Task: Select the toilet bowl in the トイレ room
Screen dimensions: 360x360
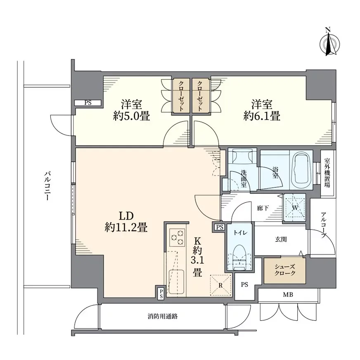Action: (239, 257)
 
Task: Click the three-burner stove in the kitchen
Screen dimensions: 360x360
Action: (177, 237)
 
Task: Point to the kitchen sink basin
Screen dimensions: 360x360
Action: (176, 282)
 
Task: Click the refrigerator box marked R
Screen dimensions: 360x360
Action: (220, 285)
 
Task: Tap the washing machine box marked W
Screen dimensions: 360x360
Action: (295, 208)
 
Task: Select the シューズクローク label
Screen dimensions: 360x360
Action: (285, 270)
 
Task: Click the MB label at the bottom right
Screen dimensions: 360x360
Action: (288, 294)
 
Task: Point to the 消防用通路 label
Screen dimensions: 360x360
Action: (163, 317)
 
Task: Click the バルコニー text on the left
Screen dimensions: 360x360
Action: (47, 185)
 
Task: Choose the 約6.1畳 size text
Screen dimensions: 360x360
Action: (262, 116)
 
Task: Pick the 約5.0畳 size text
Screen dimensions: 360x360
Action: (132, 116)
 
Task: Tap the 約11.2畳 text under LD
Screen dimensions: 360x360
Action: (126, 227)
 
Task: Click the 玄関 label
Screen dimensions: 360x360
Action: (281, 239)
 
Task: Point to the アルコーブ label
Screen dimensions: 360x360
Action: (324, 225)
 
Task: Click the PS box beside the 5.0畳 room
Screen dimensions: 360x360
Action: (88, 103)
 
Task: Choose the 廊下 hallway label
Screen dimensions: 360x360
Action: (263, 208)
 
